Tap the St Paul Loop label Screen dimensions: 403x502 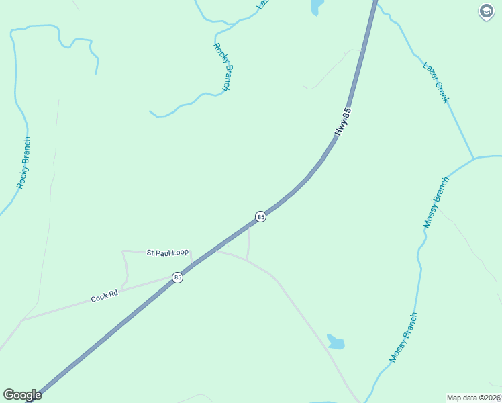coord(168,253)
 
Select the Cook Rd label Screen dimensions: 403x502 coord(105,296)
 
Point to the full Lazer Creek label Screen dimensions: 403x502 coord(436,83)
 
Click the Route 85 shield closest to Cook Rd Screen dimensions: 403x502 coord(177,277)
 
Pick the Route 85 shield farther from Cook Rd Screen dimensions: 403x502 coord(260,216)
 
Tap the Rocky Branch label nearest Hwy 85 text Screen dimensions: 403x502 coord(222,67)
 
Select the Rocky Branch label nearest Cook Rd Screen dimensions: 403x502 coord(24,163)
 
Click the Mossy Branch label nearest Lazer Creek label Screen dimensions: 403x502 coord(435,202)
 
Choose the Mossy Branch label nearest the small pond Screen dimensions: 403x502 coord(403,337)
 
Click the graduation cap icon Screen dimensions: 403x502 coord(486,12)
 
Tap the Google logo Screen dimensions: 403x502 coord(22,395)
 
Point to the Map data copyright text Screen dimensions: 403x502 coord(474,398)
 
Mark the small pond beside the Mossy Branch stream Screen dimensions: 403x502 coord(336,342)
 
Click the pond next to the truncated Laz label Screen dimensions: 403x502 coord(316,7)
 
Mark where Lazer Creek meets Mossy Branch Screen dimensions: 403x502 coord(473,159)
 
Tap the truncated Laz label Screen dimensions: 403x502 coord(262,3)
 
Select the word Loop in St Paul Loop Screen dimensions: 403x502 coord(180,253)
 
